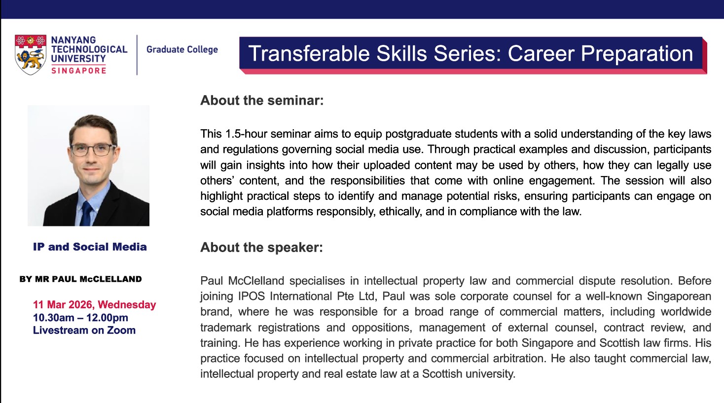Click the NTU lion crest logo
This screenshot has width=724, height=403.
tap(31, 55)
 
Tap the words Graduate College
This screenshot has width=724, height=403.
tap(182, 49)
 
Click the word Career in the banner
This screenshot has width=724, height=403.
tap(541, 53)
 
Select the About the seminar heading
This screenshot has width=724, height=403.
tap(262, 101)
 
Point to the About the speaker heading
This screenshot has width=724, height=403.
tap(261, 248)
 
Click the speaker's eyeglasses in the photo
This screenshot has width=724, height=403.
tap(93, 149)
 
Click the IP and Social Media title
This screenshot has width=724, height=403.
tap(90, 247)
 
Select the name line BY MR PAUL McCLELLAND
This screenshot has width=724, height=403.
tap(81, 279)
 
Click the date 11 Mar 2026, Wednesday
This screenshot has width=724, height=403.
tap(94, 304)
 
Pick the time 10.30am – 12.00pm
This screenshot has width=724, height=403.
tap(80, 318)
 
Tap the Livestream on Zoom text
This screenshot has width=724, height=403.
tap(84, 330)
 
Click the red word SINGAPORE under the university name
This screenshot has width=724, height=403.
tap(78, 71)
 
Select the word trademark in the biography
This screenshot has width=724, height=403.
tap(225, 328)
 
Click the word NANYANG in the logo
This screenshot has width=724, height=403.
tap(73, 40)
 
